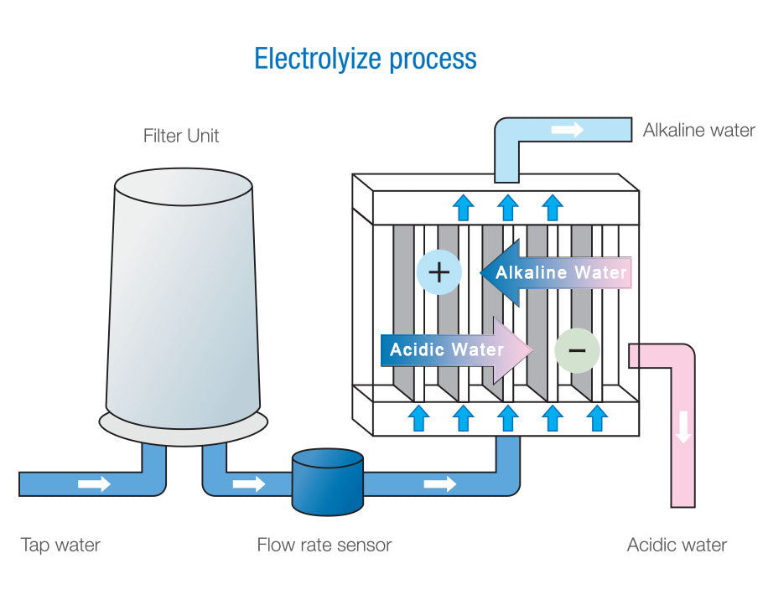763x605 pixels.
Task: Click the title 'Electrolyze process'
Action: tap(366, 59)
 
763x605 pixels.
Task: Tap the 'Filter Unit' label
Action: tap(181, 136)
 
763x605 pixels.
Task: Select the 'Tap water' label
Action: tap(60, 545)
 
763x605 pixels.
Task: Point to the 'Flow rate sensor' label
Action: tap(324, 545)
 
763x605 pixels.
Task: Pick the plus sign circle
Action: tap(439, 272)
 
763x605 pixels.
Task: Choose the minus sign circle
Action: tap(577, 349)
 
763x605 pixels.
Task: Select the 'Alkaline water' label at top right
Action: tap(698, 130)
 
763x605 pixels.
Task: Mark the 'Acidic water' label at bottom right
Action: tap(677, 545)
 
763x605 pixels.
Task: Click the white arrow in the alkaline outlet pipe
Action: tap(567, 130)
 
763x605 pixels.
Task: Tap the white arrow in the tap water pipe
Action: tap(94, 484)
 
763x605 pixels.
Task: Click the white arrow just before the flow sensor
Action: tap(249, 484)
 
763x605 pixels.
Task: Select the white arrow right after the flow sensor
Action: tap(440, 484)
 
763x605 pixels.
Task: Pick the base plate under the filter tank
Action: tap(184, 425)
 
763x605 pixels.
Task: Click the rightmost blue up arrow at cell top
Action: tap(551, 206)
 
